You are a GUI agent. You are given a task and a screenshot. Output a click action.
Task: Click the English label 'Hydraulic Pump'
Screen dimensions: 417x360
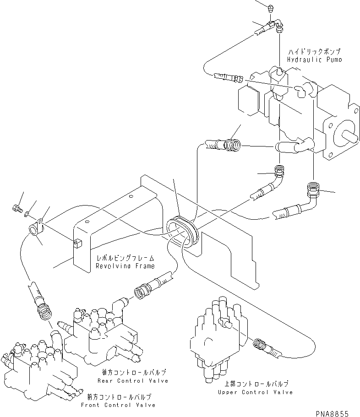(x=315, y=60)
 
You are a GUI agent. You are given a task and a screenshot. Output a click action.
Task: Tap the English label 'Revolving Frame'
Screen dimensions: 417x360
(x=125, y=266)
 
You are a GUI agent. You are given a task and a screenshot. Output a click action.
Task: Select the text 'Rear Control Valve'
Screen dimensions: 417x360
(x=132, y=380)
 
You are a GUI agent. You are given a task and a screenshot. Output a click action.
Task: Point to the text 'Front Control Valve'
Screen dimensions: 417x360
(x=118, y=405)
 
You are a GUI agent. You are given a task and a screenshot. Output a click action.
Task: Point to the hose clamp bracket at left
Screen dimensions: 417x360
(x=38, y=228)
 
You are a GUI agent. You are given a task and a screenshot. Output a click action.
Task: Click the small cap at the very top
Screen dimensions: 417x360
(x=270, y=7)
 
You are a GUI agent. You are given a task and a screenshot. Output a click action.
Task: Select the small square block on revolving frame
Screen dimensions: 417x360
(x=77, y=241)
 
